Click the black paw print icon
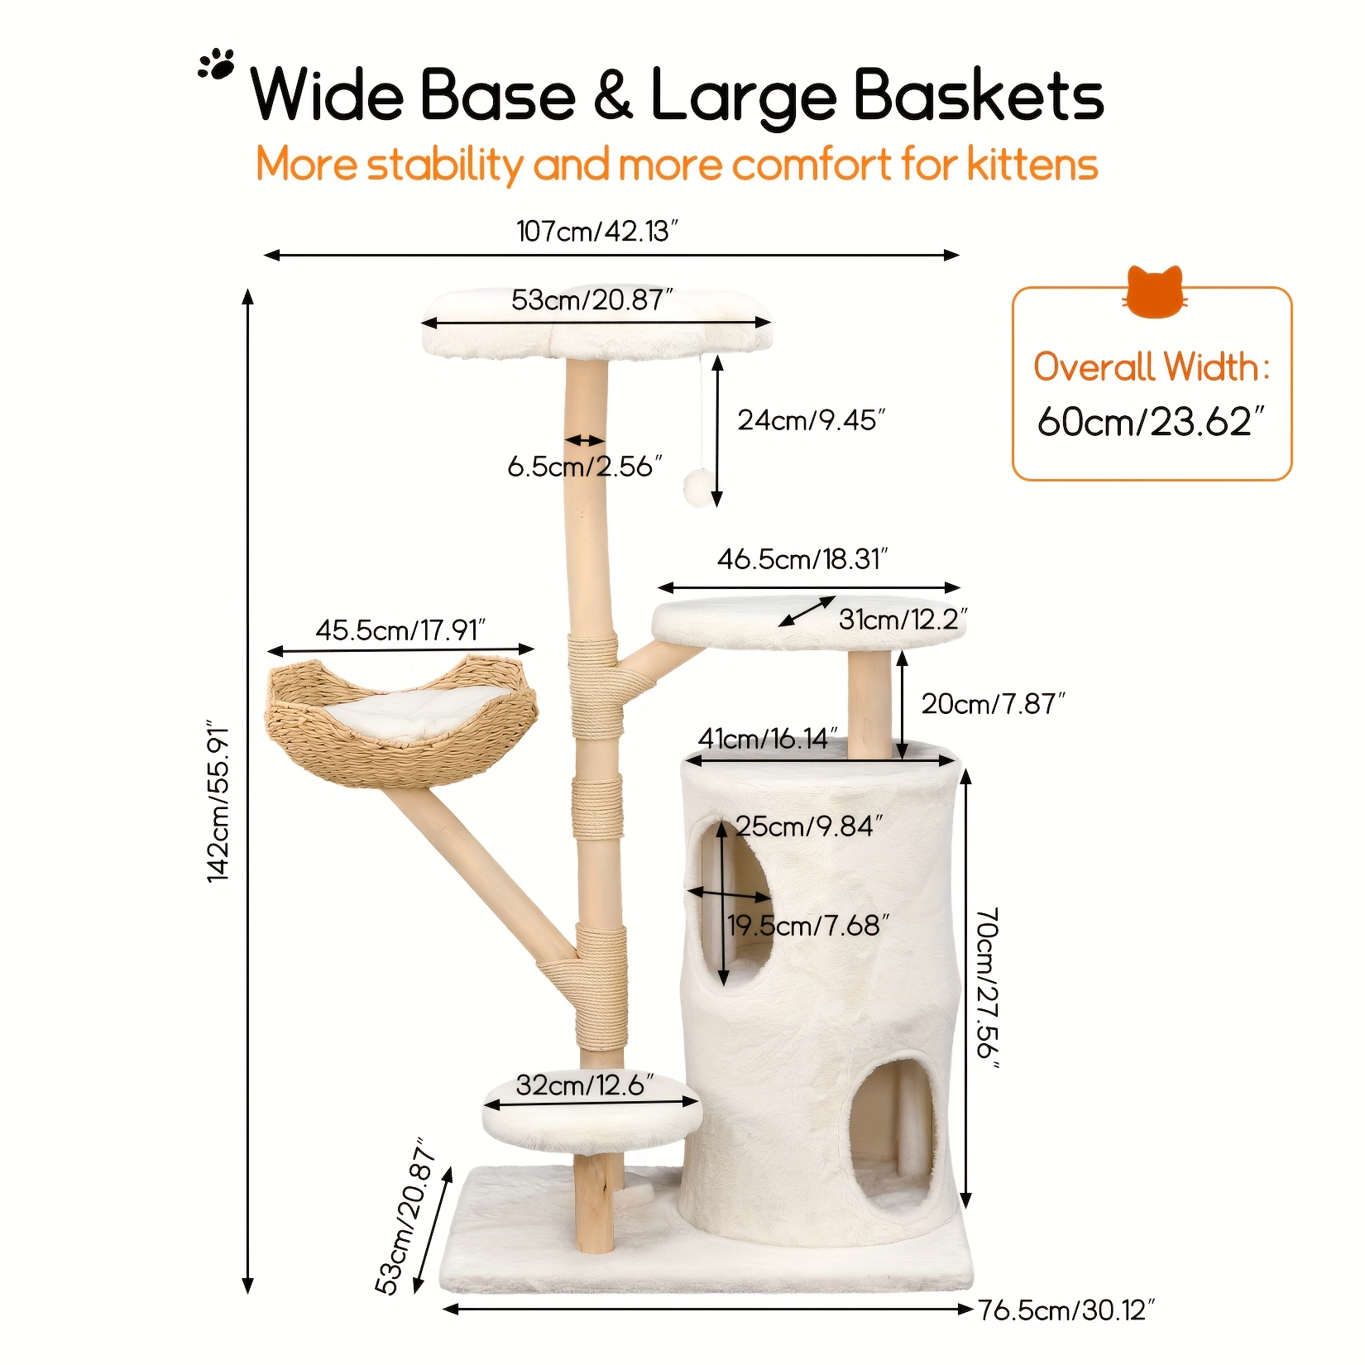pos(217,65)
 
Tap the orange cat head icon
pos(1155,292)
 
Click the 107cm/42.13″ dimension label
pos(597,231)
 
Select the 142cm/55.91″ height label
pos(218,801)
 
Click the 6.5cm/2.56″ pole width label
pos(585,467)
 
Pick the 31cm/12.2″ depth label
pos(903,619)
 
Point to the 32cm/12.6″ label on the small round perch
pos(585,1085)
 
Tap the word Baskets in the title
pos(978,96)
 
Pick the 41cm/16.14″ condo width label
pos(768,738)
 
